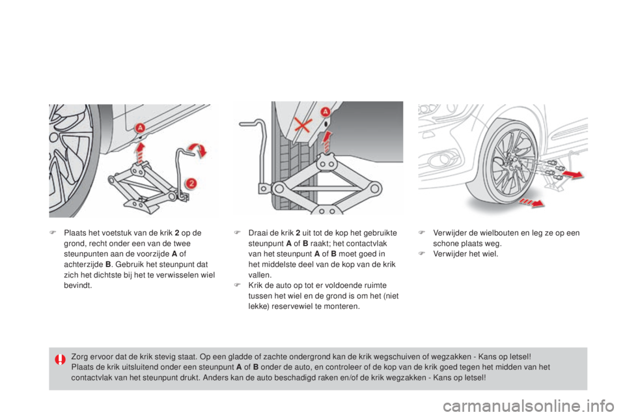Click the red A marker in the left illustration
point(140,128)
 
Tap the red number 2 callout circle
point(191,184)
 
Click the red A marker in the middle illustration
point(326,111)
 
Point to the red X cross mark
point(303,125)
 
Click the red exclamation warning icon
point(60,360)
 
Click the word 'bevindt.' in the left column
point(77,285)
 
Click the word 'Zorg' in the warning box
point(79,357)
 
